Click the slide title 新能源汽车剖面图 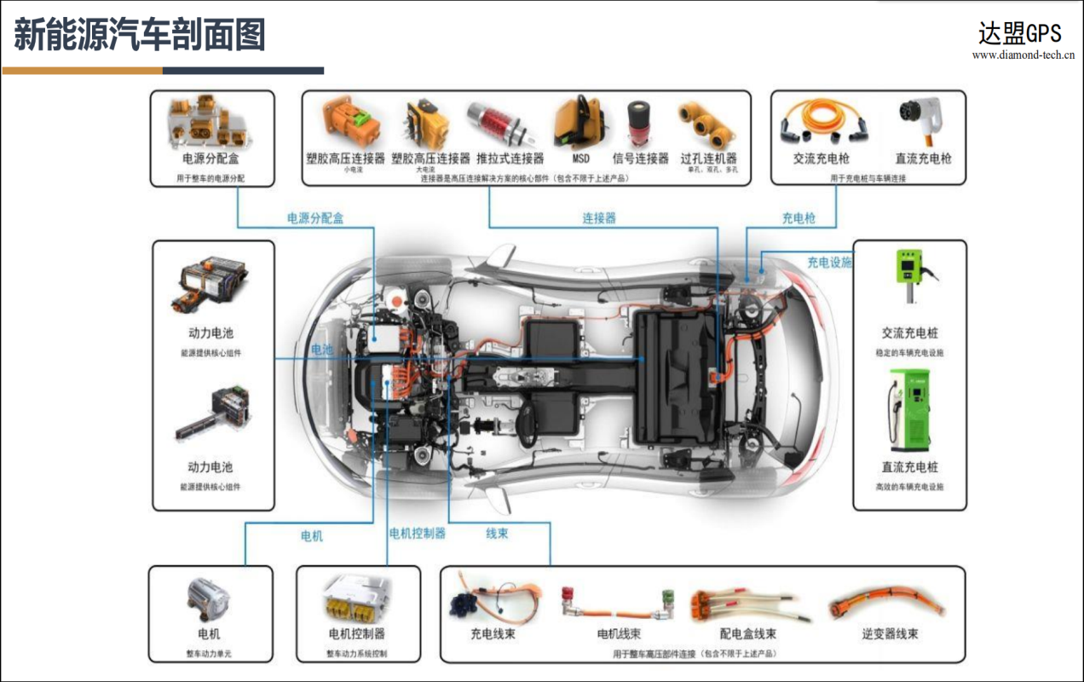tap(140, 35)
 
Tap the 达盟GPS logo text tap(1019, 33)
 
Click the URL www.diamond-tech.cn tap(1023, 55)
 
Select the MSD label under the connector tap(580, 159)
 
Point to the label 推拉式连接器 tap(510, 159)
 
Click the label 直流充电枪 tap(923, 159)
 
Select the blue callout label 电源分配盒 tap(314, 218)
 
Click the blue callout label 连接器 tap(598, 218)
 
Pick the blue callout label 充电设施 tap(828, 263)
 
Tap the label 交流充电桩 tap(909, 333)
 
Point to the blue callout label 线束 tap(497, 534)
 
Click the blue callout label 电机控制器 tap(417, 534)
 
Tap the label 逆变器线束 tap(889, 634)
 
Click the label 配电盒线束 tap(747, 634)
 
